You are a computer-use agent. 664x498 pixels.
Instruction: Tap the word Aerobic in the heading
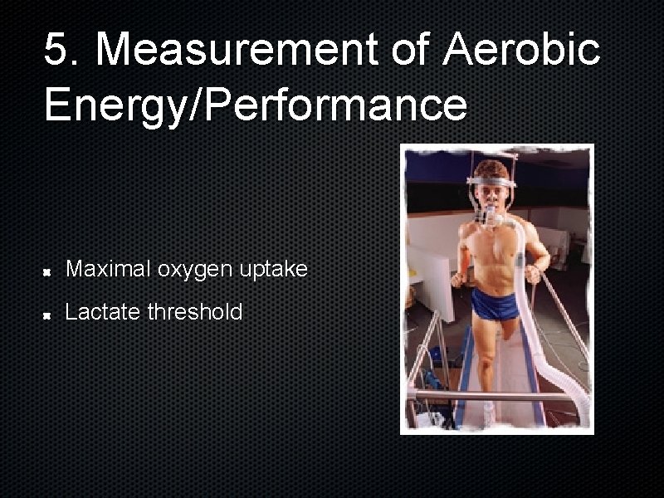pos(521,49)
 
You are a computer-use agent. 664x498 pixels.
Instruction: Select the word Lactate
pos(102,312)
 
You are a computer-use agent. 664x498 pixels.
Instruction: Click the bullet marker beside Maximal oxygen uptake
pos(49,271)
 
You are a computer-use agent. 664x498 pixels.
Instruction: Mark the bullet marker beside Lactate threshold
pos(49,314)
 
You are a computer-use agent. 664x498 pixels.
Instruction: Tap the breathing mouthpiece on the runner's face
pos(491,217)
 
